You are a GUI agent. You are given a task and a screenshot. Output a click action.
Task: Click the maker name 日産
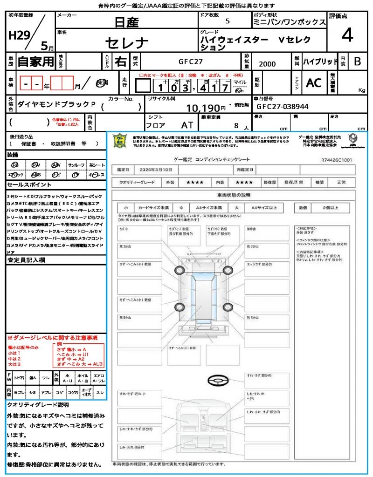click(x=127, y=22)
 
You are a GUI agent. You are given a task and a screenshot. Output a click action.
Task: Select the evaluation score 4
click(x=346, y=35)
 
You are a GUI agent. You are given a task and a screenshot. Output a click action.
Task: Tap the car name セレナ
click(x=127, y=43)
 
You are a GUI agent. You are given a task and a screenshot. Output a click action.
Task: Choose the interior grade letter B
click(x=357, y=61)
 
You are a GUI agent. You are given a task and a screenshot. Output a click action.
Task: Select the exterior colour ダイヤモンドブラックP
click(x=52, y=105)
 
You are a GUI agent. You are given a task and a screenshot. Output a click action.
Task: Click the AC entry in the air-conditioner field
click(x=314, y=82)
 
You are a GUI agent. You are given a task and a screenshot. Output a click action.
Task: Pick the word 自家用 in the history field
click(x=35, y=61)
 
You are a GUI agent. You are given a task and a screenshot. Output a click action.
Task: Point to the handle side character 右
click(x=120, y=61)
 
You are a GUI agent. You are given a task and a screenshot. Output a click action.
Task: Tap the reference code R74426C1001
click(x=337, y=160)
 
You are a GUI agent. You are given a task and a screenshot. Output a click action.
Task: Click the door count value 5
click(x=227, y=21)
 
